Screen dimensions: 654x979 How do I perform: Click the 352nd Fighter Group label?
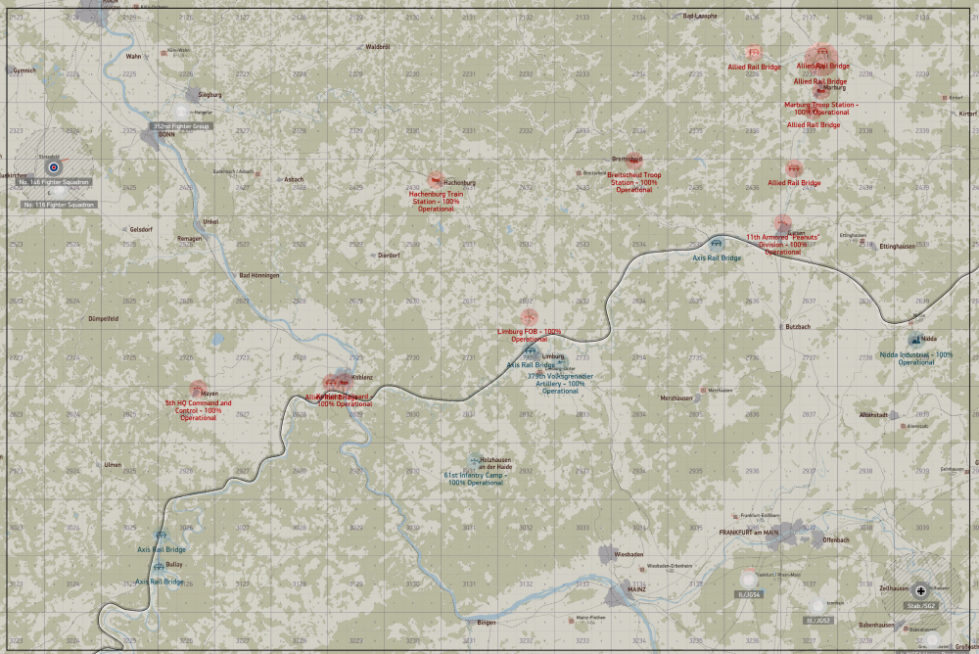click(x=181, y=126)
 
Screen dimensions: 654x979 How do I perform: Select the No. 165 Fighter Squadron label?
click(x=55, y=182)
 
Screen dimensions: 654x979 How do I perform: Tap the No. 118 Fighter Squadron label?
click(x=61, y=204)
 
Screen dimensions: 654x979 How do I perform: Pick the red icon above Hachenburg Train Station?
click(x=436, y=180)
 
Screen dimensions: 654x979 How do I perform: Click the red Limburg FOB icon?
click(x=529, y=316)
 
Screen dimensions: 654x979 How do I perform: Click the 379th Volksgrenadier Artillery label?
click(x=562, y=383)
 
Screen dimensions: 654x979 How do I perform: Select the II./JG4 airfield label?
click(x=749, y=594)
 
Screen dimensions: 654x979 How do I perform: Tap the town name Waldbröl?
click(x=378, y=47)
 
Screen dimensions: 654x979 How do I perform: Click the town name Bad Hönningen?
click(x=259, y=276)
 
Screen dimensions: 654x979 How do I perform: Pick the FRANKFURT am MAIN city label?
click(x=749, y=532)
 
